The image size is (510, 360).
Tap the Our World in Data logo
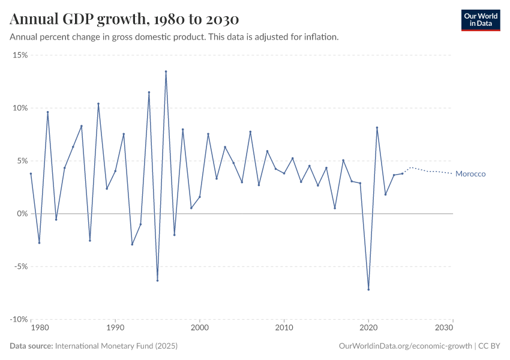click(x=480, y=20)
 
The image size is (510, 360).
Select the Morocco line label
click(x=470, y=174)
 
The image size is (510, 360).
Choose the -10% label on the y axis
click(x=19, y=319)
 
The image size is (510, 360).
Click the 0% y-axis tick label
click(x=22, y=214)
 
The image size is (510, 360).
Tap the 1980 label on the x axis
click(x=39, y=328)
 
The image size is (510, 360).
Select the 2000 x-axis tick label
click(x=199, y=328)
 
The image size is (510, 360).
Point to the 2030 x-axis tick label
click(x=444, y=328)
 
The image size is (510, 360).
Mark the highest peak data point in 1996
click(x=166, y=71)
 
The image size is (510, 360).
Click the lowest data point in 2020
click(x=368, y=289)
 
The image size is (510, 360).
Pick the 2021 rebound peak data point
click(x=377, y=127)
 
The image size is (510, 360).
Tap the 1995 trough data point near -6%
click(x=157, y=280)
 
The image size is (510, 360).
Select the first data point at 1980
click(x=31, y=173)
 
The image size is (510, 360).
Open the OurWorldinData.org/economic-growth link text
click(x=406, y=346)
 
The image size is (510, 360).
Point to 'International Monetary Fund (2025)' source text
click(x=116, y=346)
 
